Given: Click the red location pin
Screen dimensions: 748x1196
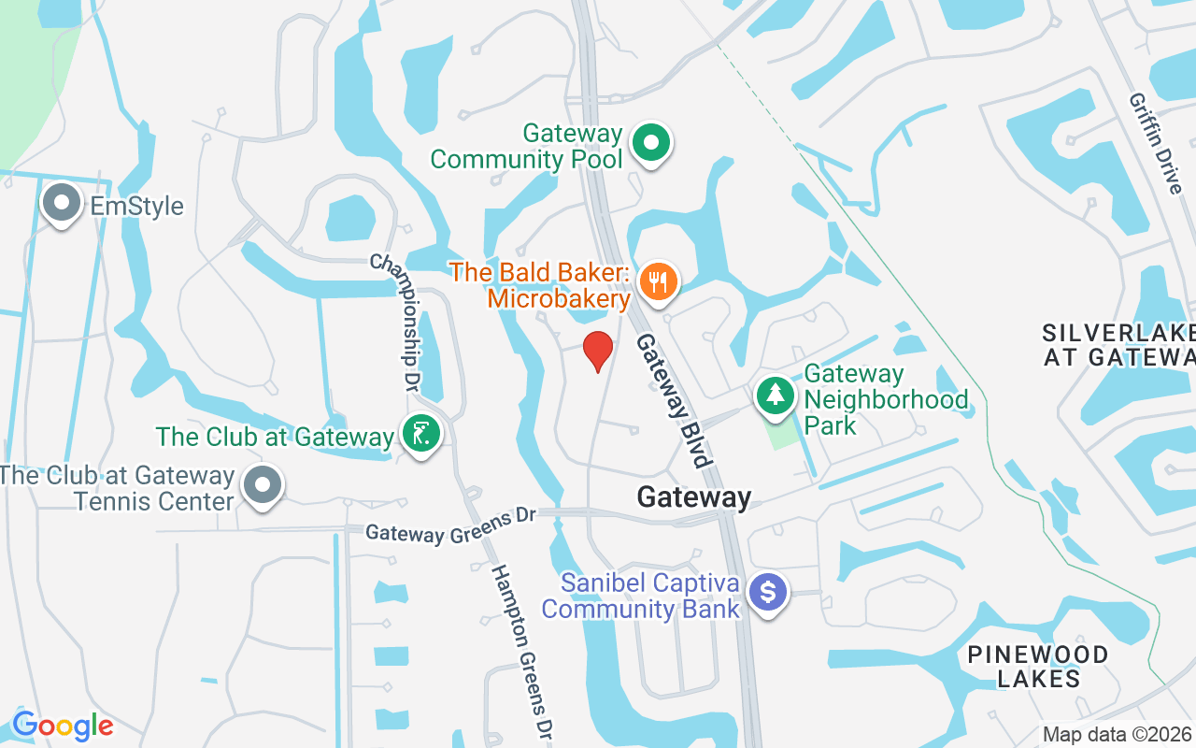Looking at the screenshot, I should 598,350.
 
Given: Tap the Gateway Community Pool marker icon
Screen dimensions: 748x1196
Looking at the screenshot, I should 652,144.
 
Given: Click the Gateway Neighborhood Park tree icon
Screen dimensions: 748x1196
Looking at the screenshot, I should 775,396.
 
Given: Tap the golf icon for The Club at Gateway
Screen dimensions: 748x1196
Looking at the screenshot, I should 421,434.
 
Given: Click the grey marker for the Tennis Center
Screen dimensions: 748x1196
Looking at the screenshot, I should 263,485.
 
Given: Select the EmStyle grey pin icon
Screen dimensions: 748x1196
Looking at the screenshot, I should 63,203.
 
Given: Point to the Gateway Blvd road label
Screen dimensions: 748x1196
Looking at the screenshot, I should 673,399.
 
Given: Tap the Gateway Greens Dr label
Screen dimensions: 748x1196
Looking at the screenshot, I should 450,526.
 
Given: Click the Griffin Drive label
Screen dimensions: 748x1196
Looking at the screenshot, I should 1156,142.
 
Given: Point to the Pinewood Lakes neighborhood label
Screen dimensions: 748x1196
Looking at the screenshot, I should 1038,666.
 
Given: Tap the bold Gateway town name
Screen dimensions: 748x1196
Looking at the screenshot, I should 693,497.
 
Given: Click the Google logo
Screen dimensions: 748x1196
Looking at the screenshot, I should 63,726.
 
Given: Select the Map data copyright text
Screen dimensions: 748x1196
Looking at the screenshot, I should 1118,735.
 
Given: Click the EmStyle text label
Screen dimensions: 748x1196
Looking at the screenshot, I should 136,206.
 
